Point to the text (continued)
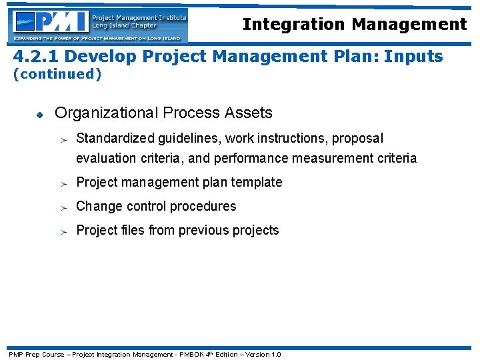coord(58,74)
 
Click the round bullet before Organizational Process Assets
coord(40,114)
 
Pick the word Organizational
coord(106,113)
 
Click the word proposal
coord(358,139)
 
